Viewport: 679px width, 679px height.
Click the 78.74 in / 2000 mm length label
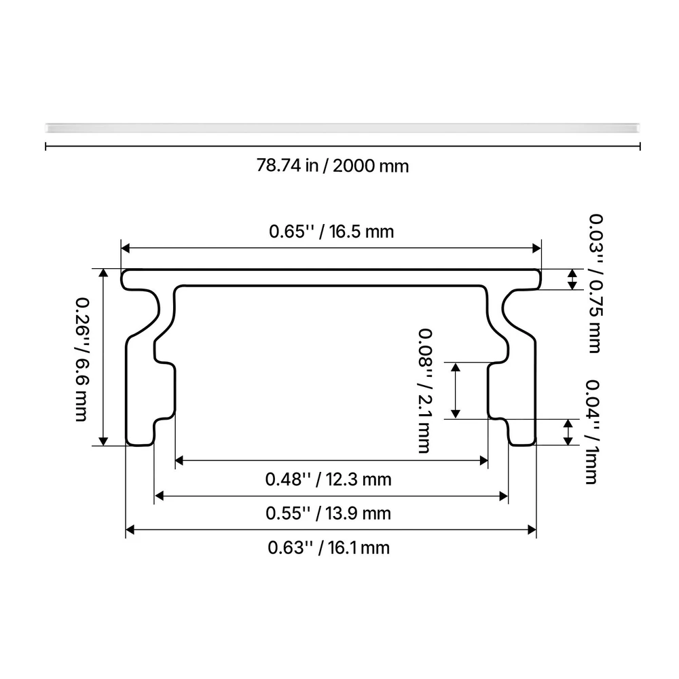coord(333,166)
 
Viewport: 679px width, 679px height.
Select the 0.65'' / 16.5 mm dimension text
coord(331,232)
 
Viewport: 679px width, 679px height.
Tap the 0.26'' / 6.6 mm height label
coord(81,359)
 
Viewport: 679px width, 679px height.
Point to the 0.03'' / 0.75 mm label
coord(595,283)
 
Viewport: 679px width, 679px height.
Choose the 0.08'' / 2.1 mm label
coord(425,390)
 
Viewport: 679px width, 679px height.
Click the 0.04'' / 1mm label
coord(592,432)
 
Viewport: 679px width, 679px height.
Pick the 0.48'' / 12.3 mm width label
coord(328,479)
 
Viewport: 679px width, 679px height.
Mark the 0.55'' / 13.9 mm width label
coord(328,513)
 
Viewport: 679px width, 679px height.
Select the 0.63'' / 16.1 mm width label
coord(329,548)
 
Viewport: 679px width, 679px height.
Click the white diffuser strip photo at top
coord(342,128)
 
